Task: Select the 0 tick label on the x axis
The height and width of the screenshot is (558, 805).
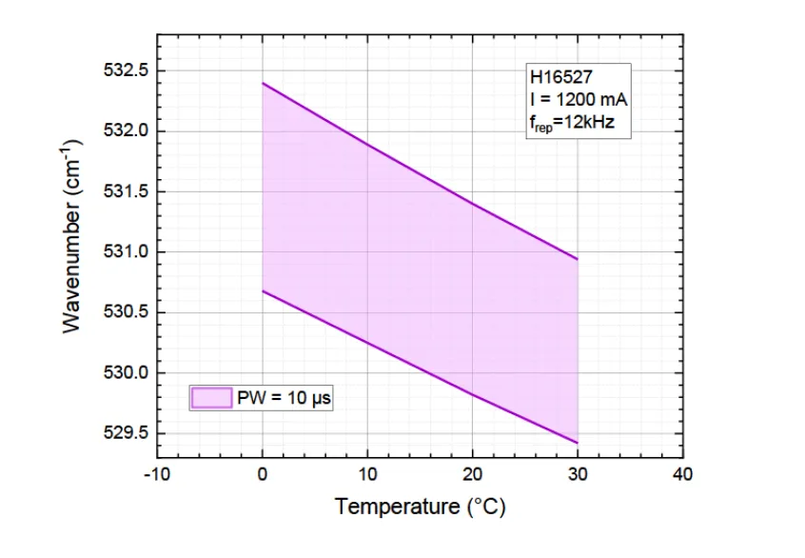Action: [x=262, y=473]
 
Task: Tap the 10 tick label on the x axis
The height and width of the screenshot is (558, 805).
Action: [x=367, y=473]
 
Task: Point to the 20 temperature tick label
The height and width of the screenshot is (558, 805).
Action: [x=472, y=473]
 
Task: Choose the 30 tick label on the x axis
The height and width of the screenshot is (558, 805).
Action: [x=578, y=473]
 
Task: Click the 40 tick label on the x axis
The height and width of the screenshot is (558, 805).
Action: [x=682, y=473]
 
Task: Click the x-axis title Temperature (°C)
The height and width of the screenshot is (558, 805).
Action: [x=420, y=507]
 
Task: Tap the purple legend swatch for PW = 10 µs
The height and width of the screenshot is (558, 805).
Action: [x=210, y=397]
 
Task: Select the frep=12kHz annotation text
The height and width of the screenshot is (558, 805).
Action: [x=573, y=121]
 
